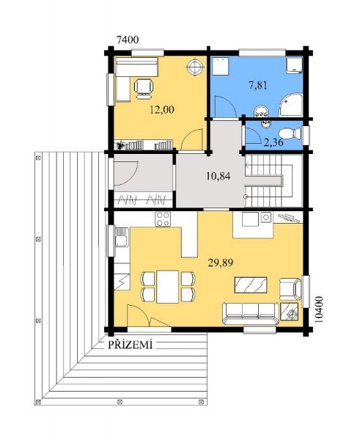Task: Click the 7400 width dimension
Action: [x=128, y=40]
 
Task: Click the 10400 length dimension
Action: [x=319, y=309]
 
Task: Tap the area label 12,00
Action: [x=162, y=109]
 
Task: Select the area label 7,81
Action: [x=258, y=85]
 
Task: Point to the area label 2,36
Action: [x=273, y=142]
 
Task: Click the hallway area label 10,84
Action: [x=218, y=176]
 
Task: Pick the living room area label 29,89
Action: [x=221, y=263]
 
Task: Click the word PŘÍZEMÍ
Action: [x=131, y=345]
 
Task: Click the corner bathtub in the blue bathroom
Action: [x=290, y=105]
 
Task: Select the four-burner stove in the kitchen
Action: [x=163, y=219]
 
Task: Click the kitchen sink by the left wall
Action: [x=122, y=238]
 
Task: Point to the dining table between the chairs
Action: [x=167, y=287]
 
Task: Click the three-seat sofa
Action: [x=251, y=313]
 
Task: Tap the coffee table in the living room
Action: [x=251, y=285]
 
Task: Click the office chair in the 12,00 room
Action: [x=144, y=89]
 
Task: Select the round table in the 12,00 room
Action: [x=194, y=67]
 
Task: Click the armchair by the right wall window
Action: [x=290, y=289]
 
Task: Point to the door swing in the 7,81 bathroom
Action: [x=225, y=106]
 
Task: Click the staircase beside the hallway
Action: [x=273, y=181]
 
